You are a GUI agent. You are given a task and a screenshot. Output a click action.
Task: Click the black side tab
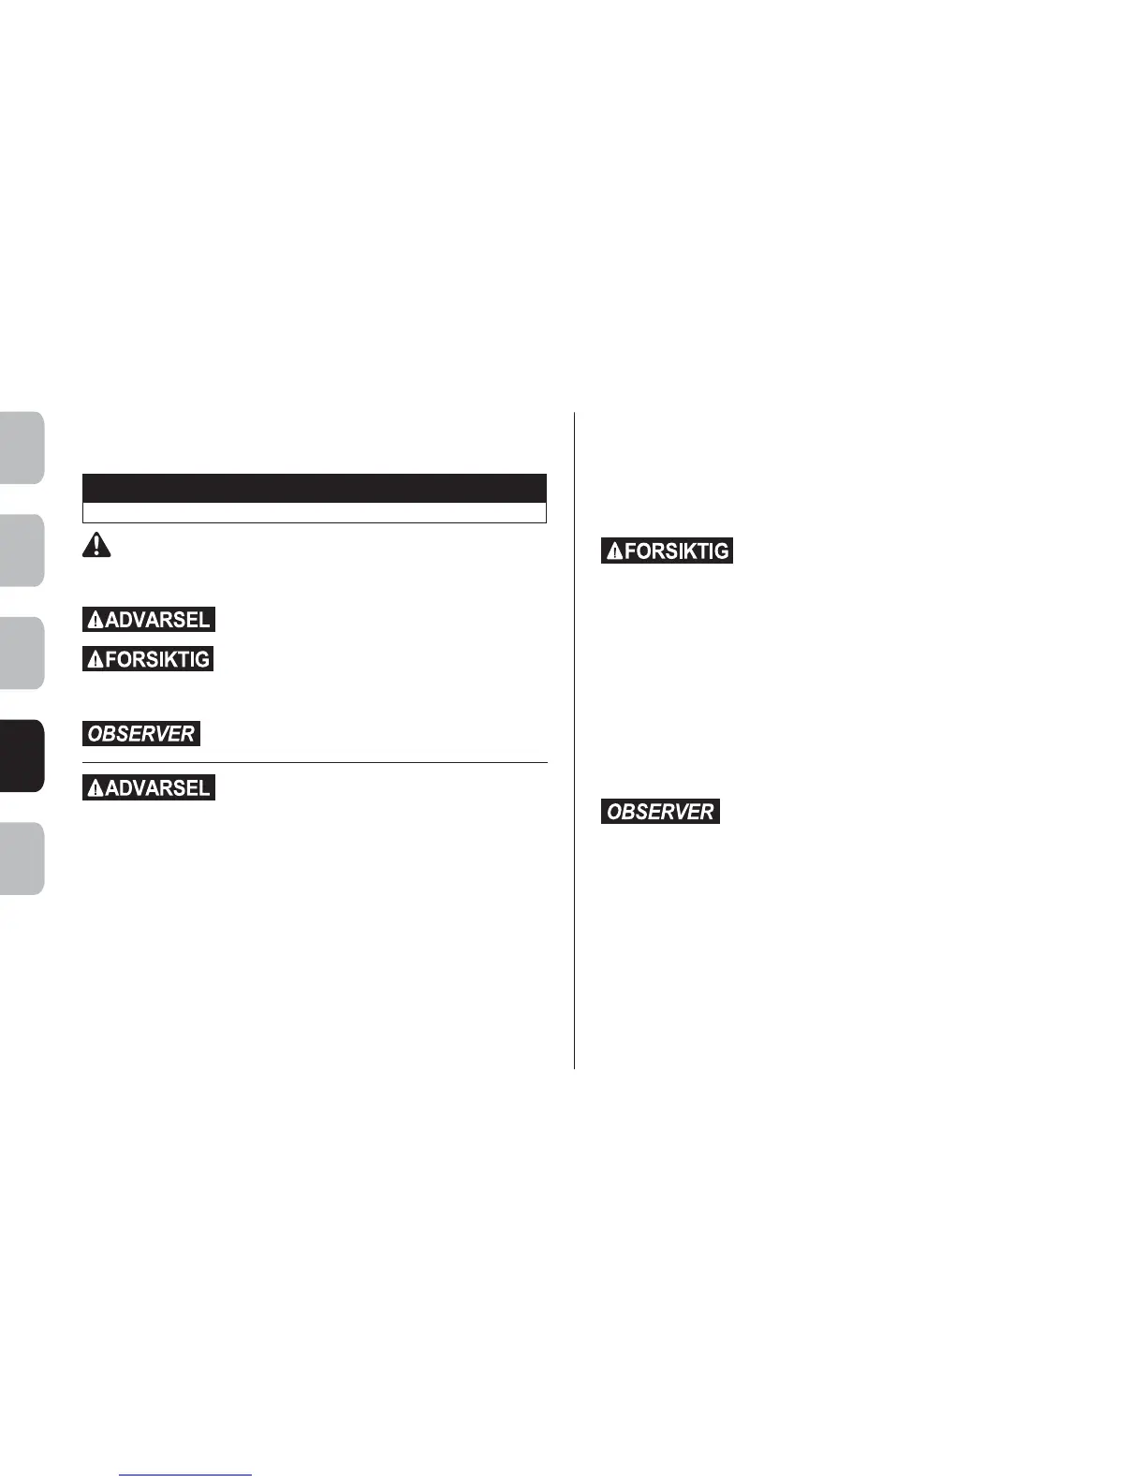click(x=22, y=756)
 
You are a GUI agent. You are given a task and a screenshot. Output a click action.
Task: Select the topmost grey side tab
click(x=22, y=448)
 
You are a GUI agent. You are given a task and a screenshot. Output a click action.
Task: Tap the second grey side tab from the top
click(x=22, y=551)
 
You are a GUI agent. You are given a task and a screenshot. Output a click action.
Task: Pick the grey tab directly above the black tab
click(x=22, y=653)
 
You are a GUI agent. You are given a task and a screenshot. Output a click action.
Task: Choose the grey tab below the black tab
click(x=22, y=859)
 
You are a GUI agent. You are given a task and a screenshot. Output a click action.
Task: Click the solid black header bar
click(x=314, y=488)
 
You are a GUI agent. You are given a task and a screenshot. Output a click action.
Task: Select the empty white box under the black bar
click(x=314, y=512)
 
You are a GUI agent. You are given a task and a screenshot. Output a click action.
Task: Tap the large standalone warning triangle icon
click(x=96, y=545)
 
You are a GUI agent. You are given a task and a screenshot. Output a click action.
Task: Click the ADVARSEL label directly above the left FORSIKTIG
click(x=149, y=620)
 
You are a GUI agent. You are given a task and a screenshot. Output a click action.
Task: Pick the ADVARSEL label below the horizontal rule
click(x=149, y=788)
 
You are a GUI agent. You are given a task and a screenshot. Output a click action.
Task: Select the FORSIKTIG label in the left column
click(x=149, y=659)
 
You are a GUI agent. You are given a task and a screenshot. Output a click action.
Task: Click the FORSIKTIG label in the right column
click(x=667, y=551)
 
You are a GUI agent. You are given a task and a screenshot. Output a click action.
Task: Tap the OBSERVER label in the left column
click(x=141, y=734)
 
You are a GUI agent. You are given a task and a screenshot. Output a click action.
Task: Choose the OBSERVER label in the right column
click(x=660, y=812)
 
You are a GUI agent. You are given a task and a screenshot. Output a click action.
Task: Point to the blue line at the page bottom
click(x=185, y=1475)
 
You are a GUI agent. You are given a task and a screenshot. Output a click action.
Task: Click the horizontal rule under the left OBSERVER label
click(x=314, y=762)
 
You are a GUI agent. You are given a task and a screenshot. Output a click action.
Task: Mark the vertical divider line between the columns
click(x=574, y=740)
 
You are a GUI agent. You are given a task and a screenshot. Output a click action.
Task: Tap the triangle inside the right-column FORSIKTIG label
click(x=614, y=551)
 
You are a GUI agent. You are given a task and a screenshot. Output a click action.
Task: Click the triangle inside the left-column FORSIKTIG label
click(x=95, y=660)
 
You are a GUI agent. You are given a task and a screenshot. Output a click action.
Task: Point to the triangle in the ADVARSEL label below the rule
click(x=95, y=789)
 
